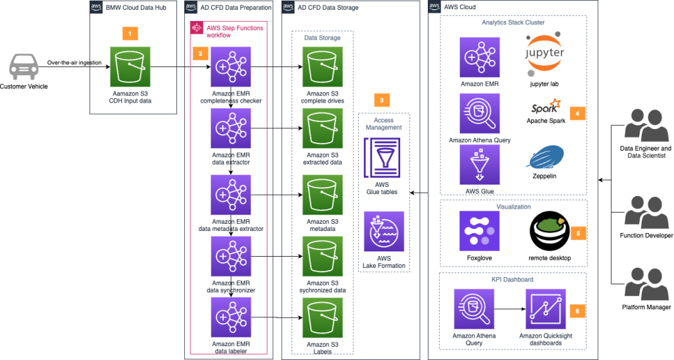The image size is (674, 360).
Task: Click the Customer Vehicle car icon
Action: pos(24,66)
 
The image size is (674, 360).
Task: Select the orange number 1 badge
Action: pos(130,34)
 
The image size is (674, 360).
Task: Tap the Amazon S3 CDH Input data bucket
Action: pos(130,67)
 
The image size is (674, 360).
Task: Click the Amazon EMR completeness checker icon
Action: pos(231,67)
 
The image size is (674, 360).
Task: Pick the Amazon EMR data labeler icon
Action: pos(231,317)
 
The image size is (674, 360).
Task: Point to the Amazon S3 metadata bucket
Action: pos(323,195)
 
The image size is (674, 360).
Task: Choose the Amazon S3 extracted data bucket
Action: pos(323,128)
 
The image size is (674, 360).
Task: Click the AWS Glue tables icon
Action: pos(382,158)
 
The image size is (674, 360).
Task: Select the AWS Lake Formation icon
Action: pos(384,232)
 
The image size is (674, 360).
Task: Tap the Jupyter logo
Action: pos(544,54)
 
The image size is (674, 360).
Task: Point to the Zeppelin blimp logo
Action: pos(544,158)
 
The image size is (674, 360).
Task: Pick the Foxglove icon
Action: pos(479,231)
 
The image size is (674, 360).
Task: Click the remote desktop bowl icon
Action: pos(550,231)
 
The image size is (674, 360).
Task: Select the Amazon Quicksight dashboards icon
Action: pos(546,309)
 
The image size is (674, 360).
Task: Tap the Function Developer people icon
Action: pos(646,213)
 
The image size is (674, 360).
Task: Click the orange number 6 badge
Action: pos(577,311)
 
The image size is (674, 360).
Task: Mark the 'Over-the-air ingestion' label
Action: pos(74,63)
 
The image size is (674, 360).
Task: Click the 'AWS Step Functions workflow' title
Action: pos(235,32)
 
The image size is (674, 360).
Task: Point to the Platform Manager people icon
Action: pos(646,284)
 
